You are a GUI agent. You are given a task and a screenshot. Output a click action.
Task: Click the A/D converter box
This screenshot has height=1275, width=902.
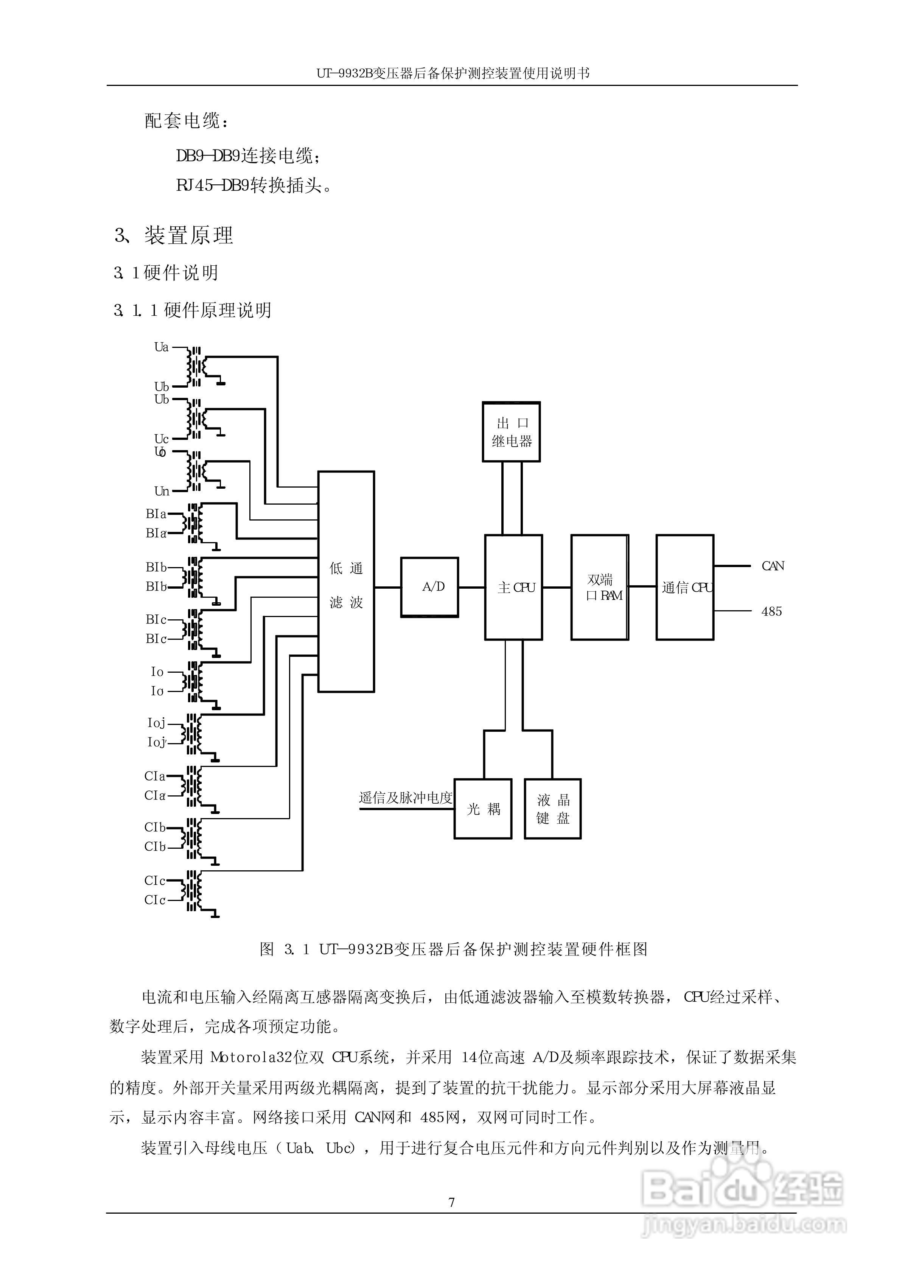coord(429,587)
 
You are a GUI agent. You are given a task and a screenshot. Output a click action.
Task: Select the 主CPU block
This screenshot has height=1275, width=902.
coord(513,587)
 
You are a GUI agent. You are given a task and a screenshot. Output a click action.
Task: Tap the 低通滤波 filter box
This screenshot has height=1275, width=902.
coord(345,582)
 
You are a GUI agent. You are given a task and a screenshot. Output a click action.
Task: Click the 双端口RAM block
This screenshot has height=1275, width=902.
coord(600,587)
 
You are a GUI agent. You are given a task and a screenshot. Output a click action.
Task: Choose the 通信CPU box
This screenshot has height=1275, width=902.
coord(685,587)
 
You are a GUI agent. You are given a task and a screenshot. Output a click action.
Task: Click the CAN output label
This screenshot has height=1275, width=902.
coord(773,566)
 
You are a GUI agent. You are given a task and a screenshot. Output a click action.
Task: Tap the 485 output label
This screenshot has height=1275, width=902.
coord(771,612)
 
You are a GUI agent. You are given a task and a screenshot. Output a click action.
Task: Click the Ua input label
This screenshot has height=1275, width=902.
coord(161,347)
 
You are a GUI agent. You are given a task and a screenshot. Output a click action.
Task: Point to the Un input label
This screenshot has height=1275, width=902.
coord(162,491)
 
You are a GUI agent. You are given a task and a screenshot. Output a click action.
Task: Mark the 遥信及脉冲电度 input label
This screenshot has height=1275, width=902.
coord(406,798)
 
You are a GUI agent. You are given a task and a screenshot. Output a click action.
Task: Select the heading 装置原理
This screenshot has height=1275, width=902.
coord(188,235)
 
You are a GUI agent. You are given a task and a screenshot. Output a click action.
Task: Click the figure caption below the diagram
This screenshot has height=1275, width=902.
coord(453,949)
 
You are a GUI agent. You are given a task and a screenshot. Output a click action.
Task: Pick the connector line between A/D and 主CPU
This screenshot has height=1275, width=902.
coord(471,587)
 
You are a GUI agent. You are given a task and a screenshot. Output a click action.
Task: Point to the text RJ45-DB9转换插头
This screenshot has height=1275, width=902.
coord(253,185)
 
